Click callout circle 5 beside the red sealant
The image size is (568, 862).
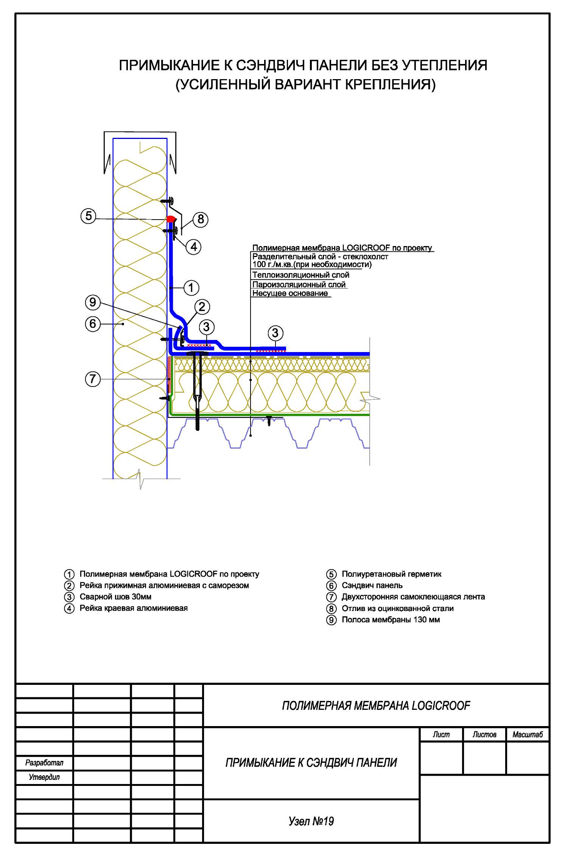[x=89, y=216]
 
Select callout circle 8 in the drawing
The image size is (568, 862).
[x=201, y=219]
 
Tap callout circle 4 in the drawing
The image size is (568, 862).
[x=194, y=247]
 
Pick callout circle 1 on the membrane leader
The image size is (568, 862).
[x=191, y=288]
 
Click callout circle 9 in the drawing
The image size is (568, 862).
[x=93, y=302]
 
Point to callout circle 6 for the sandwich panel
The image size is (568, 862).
[x=93, y=324]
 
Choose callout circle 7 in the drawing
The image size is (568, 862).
[x=93, y=379]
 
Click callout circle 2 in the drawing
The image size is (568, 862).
[x=202, y=307]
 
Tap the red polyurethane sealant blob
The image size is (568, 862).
[x=171, y=219]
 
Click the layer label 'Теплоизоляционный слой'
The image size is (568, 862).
[x=300, y=275]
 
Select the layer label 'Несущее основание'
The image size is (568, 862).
[x=290, y=293]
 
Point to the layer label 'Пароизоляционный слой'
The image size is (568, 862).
[x=299, y=285]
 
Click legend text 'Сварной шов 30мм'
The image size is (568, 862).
[x=115, y=597]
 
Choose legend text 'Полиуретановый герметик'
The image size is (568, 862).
[x=391, y=574]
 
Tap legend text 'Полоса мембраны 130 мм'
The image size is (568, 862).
[x=391, y=620]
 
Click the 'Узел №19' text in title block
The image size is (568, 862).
[x=311, y=821]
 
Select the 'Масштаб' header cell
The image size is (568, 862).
[x=528, y=735]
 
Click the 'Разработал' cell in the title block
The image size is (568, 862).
[x=44, y=763]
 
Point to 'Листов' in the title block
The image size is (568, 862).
[x=484, y=735]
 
